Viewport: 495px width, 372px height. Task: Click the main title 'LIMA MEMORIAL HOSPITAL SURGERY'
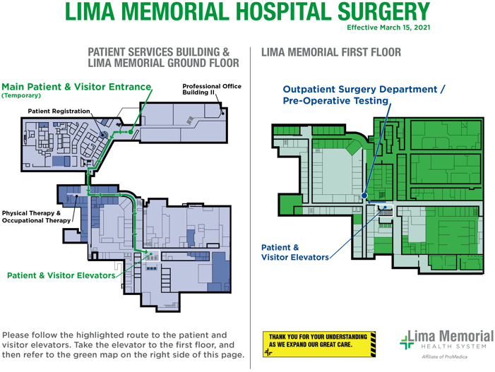247,12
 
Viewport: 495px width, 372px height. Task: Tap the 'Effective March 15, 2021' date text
388,28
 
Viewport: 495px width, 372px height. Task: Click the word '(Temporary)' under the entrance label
21,95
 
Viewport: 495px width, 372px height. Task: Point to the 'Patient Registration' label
59,111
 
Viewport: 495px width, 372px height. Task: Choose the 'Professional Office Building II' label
211,90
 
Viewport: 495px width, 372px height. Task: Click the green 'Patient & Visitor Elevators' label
61,275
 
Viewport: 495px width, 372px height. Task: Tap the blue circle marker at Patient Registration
103,134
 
